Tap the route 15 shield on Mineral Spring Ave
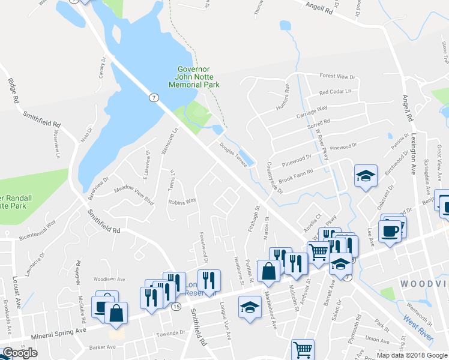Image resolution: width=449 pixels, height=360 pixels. pos(176,307)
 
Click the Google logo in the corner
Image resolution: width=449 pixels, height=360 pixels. pos(20,353)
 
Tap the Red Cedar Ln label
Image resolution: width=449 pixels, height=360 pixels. pos(335,92)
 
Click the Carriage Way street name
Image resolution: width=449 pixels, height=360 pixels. pos(312,111)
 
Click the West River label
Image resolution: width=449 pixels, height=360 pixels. pos(418,325)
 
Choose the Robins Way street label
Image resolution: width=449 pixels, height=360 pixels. pos(182,202)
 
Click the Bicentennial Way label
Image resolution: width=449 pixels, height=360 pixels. pos(37,230)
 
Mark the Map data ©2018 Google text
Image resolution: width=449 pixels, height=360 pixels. pos(411,355)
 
